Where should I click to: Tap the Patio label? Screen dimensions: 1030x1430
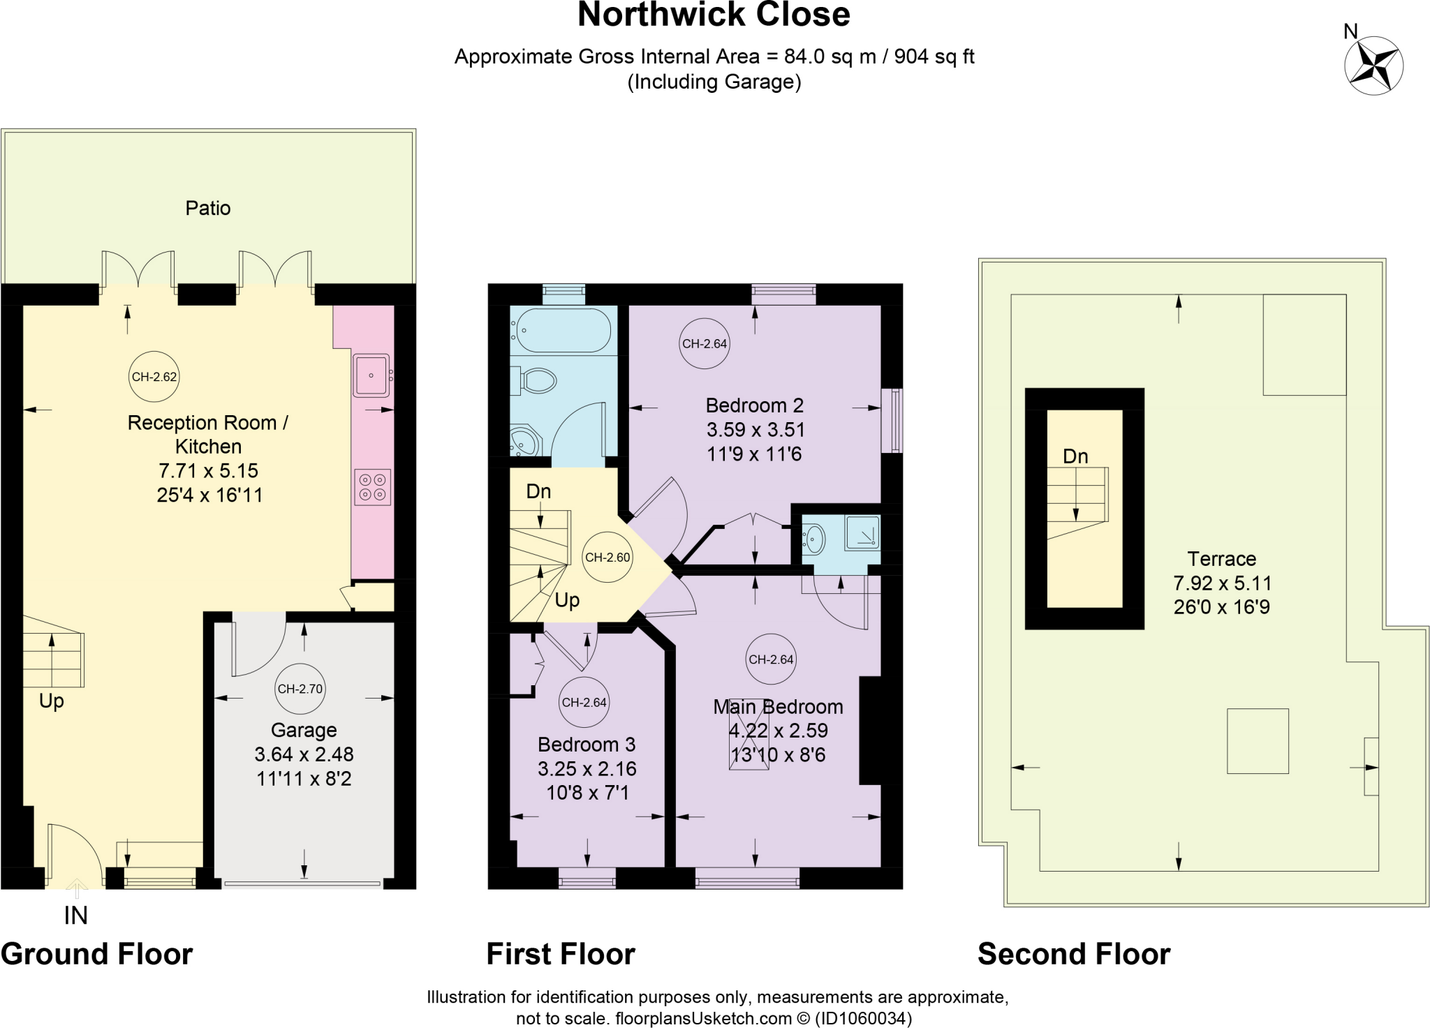[207, 208]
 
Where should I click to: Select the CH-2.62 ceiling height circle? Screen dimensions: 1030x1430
[154, 377]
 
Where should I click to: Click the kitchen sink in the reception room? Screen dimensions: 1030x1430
[371, 375]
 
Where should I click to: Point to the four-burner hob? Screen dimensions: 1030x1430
[372, 487]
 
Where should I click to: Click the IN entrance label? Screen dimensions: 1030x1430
[75, 915]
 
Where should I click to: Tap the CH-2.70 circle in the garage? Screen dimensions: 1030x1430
[300, 689]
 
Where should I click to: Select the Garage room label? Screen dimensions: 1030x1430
[304, 730]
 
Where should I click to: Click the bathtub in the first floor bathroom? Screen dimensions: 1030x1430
[563, 329]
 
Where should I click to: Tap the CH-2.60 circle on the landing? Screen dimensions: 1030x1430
[607, 558]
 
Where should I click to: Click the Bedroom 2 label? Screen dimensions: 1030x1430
[754, 405]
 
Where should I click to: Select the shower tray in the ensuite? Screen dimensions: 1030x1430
[862, 533]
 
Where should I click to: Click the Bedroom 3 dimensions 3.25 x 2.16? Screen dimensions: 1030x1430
[587, 769]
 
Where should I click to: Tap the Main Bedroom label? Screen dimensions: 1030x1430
[778, 707]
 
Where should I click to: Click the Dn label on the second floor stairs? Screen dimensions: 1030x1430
[1075, 456]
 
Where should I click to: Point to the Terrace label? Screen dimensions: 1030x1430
[1221, 559]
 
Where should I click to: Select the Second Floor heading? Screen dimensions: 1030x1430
[1073, 954]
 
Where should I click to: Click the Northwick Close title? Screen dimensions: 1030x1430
[714, 15]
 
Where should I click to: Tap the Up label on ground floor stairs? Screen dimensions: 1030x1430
[52, 701]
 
